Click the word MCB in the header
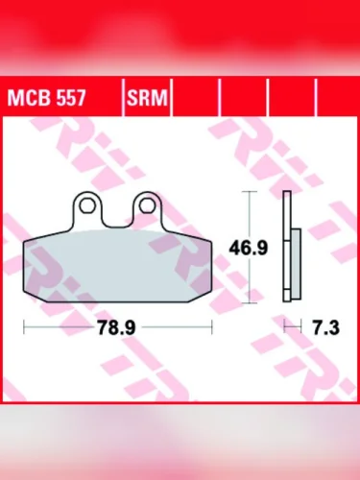pyautogui.click(x=29, y=98)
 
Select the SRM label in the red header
pyautogui.click(x=144, y=98)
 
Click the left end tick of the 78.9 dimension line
pyautogui.click(x=24, y=328)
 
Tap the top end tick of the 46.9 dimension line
pyautogui.click(x=252, y=193)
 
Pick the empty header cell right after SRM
pyautogui.click(x=197, y=98)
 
